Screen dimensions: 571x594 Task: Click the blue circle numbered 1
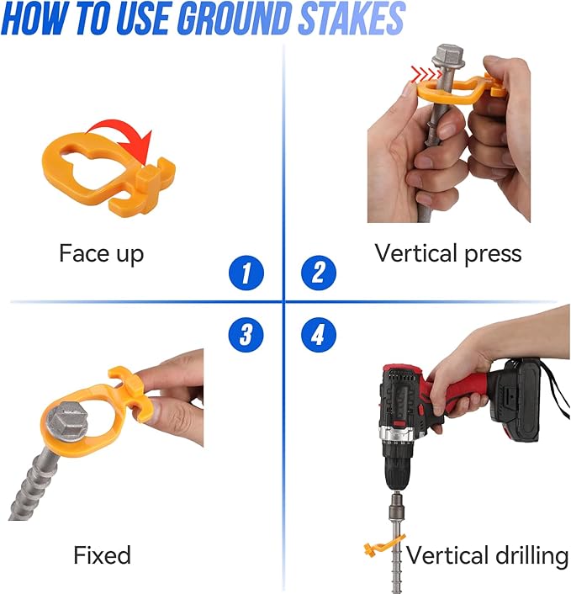[x=246, y=273]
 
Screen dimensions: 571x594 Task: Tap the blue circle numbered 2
[x=319, y=273]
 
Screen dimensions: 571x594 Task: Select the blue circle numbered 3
[x=246, y=335]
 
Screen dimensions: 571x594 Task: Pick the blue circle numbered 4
[x=319, y=335]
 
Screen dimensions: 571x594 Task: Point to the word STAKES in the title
[x=352, y=18]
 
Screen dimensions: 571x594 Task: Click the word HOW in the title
[x=35, y=18]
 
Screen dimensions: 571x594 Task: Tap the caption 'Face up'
[x=102, y=254]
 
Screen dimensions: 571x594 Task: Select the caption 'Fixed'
[x=103, y=555]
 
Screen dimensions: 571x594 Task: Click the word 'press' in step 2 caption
[x=493, y=254]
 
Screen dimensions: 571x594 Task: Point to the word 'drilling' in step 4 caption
[x=531, y=557]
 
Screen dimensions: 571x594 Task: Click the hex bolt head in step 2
[x=449, y=57]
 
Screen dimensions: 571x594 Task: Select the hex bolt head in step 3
[x=67, y=422]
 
